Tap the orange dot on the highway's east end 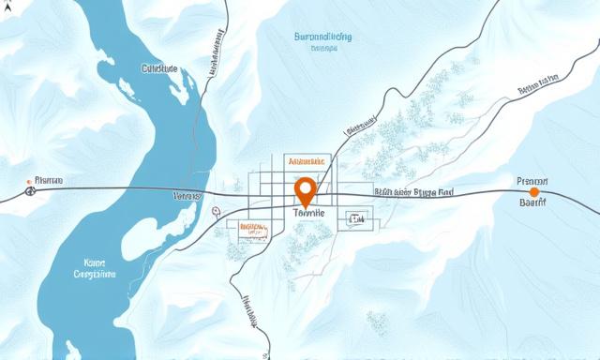coord(534,191)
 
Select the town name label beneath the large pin coord(308,214)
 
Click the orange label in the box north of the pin coord(308,161)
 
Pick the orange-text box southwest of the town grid coord(253,227)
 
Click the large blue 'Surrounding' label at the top coord(317,38)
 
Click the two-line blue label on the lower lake coord(95,269)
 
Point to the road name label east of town coord(413,192)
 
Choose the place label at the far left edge coord(45,180)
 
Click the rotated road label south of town coord(251,313)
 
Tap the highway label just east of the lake coord(188,198)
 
